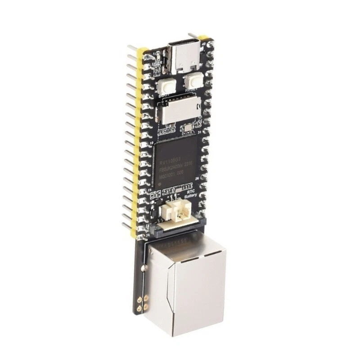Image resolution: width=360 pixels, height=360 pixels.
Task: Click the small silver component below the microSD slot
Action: pyautogui.click(x=188, y=129)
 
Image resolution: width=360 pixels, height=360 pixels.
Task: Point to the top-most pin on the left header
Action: pyautogui.click(x=133, y=47)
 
